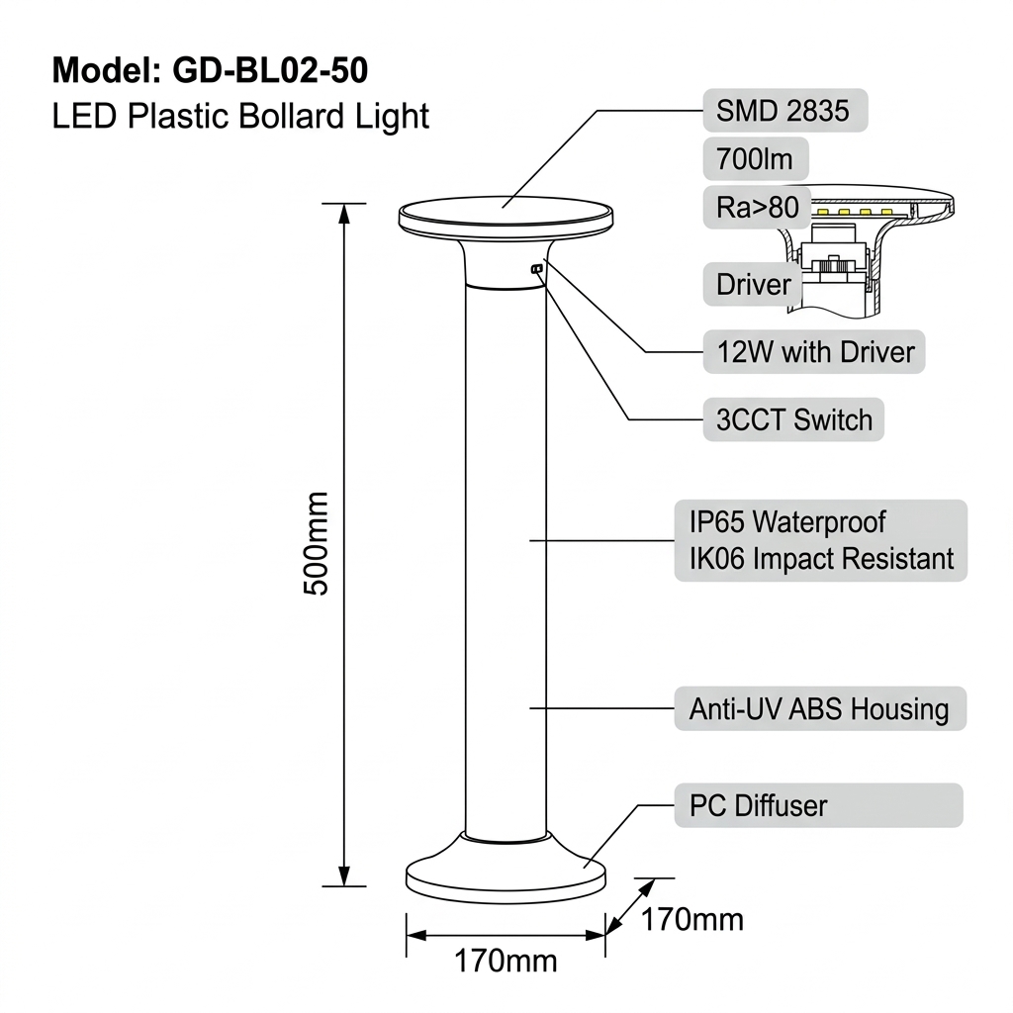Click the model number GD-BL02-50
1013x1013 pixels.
click(270, 70)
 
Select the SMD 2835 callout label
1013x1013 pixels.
click(784, 111)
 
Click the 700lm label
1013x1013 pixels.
click(755, 159)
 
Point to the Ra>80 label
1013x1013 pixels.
click(757, 208)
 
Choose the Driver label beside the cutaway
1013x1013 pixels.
click(753, 284)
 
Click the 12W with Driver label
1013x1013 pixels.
click(814, 352)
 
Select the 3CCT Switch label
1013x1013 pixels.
click(793, 419)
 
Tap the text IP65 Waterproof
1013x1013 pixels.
click(787, 522)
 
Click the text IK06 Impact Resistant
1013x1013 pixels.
click(821, 559)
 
